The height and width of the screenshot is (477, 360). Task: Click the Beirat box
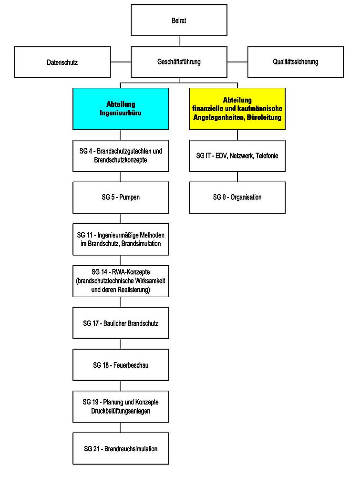[x=179, y=20]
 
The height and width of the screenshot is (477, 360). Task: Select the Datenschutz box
[x=62, y=62]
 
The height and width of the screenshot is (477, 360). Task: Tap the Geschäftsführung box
[x=179, y=62]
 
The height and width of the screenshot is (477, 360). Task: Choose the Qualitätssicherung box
[x=296, y=62]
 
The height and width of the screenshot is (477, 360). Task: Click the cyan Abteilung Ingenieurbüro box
[x=121, y=109]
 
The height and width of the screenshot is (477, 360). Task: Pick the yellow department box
[x=237, y=109]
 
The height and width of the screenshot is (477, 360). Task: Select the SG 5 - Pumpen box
[x=121, y=197]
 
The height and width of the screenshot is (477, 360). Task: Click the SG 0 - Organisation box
[x=237, y=197]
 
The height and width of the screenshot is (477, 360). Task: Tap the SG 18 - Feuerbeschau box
[x=121, y=365]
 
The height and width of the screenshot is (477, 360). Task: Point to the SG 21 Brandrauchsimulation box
[x=121, y=448]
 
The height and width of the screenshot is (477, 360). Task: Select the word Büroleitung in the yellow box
[x=264, y=117]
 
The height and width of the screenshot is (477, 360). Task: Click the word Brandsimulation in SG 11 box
[x=141, y=244]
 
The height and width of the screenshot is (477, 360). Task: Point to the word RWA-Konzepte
[x=131, y=272]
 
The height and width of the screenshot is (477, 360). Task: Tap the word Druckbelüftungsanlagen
[x=121, y=411]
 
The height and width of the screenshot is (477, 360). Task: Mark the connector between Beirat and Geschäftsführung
[x=179, y=41]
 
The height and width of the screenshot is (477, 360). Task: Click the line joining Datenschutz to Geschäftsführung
[x=121, y=62]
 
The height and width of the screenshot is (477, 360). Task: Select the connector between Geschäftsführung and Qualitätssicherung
[x=237, y=62]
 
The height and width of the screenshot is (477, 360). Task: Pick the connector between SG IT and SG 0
[x=237, y=177]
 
